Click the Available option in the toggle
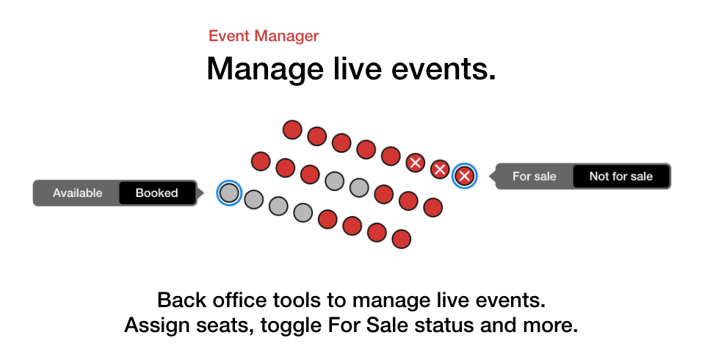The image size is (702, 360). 77,193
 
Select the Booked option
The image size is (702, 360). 156,193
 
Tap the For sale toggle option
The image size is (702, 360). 534,176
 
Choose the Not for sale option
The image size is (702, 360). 621,176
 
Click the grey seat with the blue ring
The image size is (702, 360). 229,193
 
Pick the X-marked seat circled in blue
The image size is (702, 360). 464,176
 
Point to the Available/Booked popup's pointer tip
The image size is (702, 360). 203,193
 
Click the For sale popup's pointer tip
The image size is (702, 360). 489,176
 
